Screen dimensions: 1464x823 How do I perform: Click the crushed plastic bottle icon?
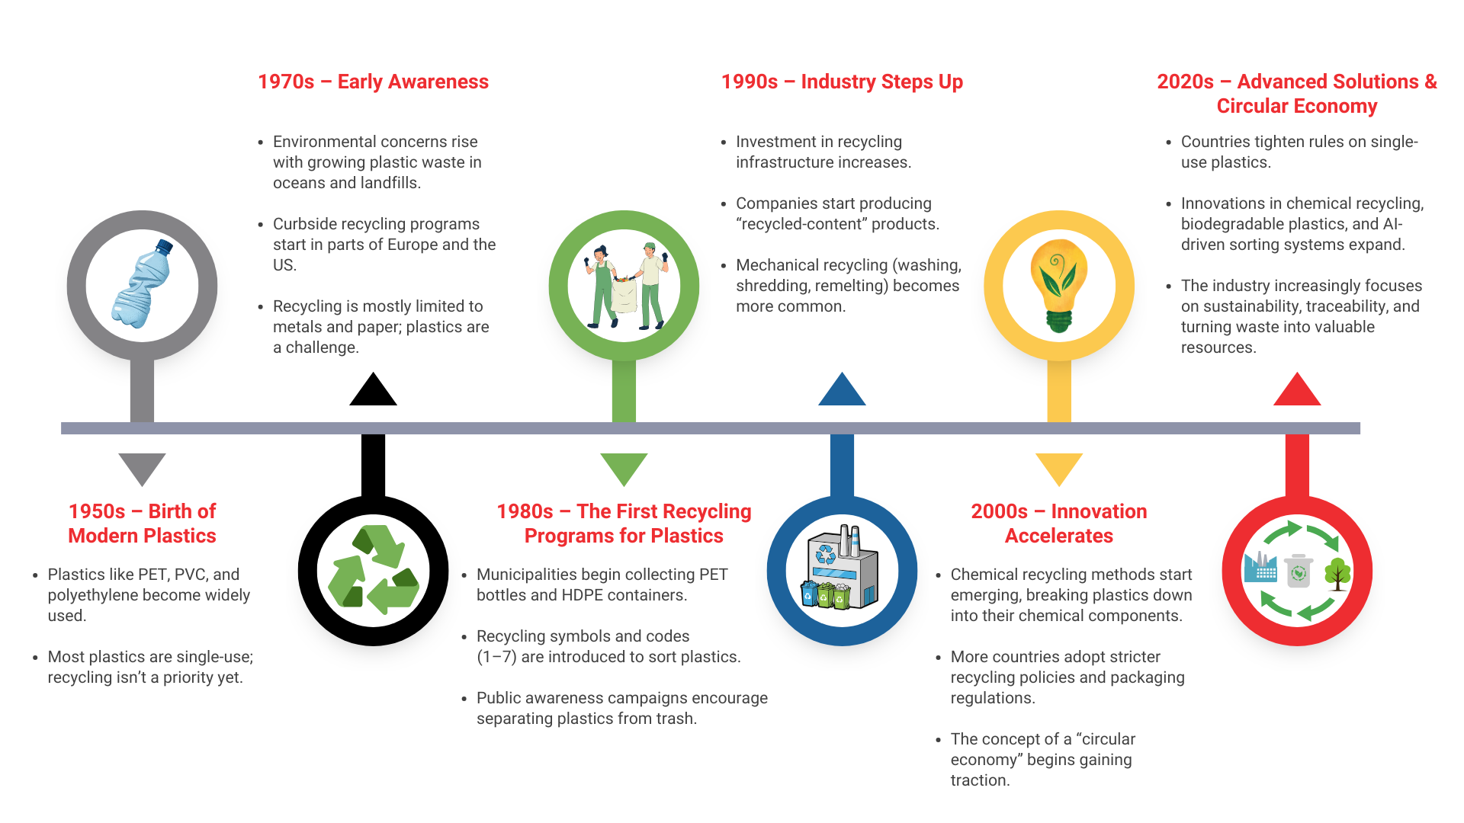[142, 283]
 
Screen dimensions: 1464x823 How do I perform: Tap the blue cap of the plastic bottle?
[164, 246]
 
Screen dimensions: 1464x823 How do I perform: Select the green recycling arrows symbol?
[373, 570]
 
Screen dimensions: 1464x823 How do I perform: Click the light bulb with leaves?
[1059, 286]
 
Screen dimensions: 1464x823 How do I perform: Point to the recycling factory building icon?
[842, 567]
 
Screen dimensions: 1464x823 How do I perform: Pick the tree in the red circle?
[1337, 574]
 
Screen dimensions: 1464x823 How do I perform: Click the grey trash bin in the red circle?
[1299, 571]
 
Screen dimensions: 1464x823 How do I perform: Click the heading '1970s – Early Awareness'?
[373, 82]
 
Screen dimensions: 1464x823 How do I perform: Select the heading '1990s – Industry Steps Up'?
[842, 82]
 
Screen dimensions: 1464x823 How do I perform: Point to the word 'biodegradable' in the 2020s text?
[1231, 224]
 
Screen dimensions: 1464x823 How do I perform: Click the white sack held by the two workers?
[624, 296]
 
